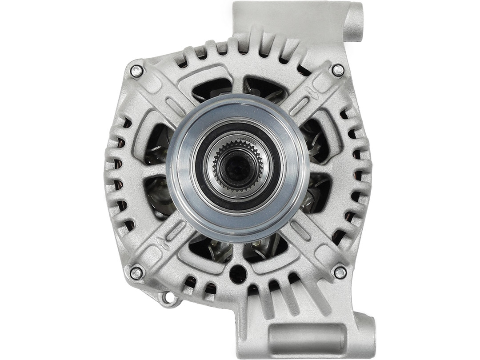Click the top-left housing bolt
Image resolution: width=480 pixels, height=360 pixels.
click(x=137, y=71)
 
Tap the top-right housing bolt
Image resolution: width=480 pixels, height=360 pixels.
click(x=338, y=70)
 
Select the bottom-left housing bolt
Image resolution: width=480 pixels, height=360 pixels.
click(x=136, y=273)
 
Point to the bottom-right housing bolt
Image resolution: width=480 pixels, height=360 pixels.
click(x=340, y=272)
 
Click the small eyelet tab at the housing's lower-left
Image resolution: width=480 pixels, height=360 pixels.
click(x=168, y=297)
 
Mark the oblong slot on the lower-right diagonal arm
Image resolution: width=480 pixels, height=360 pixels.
click(x=301, y=231)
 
